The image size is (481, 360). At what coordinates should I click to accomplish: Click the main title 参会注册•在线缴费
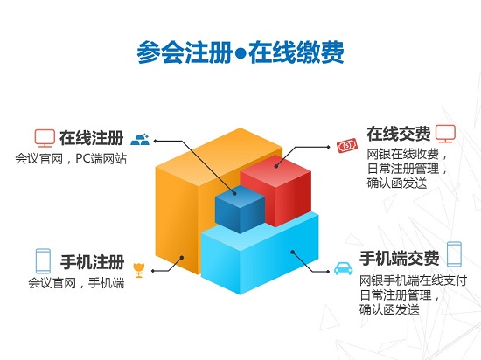click(240, 52)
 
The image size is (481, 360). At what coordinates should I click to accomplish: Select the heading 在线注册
click(92, 138)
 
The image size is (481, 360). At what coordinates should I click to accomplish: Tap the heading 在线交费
click(399, 134)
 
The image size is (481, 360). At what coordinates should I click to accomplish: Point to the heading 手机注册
click(93, 262)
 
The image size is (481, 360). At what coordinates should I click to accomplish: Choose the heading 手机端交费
click(400, 258)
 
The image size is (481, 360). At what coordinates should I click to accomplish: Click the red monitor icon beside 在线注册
click(45, 138)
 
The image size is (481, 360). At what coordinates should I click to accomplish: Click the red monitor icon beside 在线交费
click(445, 134)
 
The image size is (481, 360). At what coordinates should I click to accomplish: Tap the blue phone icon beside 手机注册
click(43, 261)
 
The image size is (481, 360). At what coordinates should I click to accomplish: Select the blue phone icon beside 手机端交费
click(454, 254)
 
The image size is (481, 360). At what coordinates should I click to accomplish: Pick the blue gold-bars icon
click(140, 140)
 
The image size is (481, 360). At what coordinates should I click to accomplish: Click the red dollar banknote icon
click(347, 146)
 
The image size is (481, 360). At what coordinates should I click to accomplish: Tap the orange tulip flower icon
click(139, 270)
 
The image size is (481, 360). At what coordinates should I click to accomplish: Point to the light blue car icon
click(343, 268)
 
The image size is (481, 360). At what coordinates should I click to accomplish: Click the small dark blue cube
click(240, 209)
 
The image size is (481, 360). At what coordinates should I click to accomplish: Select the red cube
click(276, 190)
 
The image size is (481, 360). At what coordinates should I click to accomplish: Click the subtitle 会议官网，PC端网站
click(71, 159)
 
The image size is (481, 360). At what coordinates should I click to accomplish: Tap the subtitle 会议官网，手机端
click(76, 283)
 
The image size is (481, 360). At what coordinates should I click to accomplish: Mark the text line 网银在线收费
click(403, 154)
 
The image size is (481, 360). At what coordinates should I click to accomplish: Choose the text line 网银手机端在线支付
click(413, 280)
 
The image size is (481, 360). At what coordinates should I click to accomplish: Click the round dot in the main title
click(240, 53)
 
